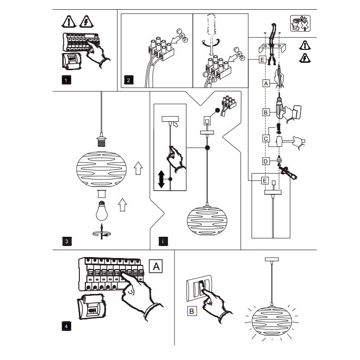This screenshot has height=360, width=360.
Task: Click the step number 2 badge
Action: pyautogui.click(x=128, y=80)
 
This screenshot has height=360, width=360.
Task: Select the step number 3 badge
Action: pyautogui.click(x=66, y=241)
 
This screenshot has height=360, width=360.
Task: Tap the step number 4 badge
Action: pyautogui.click(x=66, y=326)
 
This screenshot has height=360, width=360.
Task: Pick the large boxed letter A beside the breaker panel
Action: pyautogui.click(x=157, y=267)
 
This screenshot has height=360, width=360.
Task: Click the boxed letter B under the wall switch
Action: pyautogui.click(x=192, y=311)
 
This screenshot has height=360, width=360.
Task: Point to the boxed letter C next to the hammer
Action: pyautogui.click(x=265, y=138)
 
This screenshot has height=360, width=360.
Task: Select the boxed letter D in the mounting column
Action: pyautogui.click(x=265, y=161)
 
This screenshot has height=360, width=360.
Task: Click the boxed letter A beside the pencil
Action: pyautogui.click(x=265, y=84)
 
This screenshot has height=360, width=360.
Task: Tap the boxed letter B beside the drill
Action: pyautogui.click(x=265, y=112)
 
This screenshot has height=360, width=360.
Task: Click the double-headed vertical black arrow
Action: pyautogui.click(x=161, y=179)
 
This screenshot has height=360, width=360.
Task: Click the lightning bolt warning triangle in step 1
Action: pyautogui.click(x=86, y=21)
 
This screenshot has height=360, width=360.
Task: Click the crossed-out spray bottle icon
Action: pyautogui.click(x=300, y=24)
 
